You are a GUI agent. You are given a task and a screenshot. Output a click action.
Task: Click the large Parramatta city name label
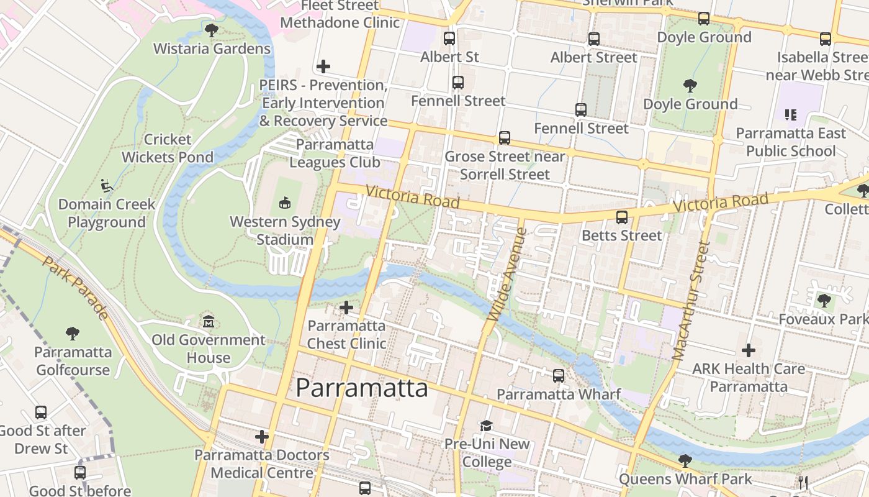pyautogui.click(x=361, y=388)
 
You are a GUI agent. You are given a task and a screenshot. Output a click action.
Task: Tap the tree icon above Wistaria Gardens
pyautogui.click(x=212, y=30)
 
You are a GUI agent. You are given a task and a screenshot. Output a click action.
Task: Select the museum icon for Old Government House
pyautogui.click(x=209, y=322)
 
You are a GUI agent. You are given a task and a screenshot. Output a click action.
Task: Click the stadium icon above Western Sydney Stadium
pyautogui.click(x=285, y=203)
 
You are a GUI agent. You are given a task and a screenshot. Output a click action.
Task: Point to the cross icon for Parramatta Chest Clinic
pyautogui.click(x=346, y=308)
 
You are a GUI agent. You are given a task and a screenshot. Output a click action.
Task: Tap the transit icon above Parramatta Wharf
pyautogui.click(x=559, y=376)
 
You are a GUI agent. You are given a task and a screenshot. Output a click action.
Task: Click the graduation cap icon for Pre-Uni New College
pyautogui.click(x=486, y=426)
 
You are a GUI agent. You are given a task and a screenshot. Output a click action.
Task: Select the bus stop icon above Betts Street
pyautogui.click(x=622, y=217)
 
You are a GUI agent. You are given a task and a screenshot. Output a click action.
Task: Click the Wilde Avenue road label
pyautogui.click(x=507, y=275)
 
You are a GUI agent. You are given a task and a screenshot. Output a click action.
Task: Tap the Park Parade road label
pyautogui.click(x=76, y=287)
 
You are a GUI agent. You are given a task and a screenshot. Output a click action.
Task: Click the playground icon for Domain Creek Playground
pyautogui.click(x=107, y=185)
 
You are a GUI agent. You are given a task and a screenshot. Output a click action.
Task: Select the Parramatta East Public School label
pyautogui.click(x=790, y=142)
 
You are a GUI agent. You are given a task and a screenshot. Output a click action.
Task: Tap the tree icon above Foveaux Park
pyautogui.click(x=824, y=301)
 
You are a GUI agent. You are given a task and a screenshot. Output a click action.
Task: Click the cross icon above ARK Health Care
pyautogui.click(x=749, y=350)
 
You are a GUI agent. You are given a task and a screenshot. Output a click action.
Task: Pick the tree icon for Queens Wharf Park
pyautogui.click(x=685, y=460)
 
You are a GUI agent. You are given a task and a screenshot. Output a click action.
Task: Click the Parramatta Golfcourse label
pyautogui.click(x=73, y=361)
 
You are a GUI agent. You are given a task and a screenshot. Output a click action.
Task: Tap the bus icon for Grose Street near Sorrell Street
pyautogui.click(x=505, y=138)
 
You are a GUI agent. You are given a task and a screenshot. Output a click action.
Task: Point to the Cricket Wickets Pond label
pyautogui.click(x=167, y=148)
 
